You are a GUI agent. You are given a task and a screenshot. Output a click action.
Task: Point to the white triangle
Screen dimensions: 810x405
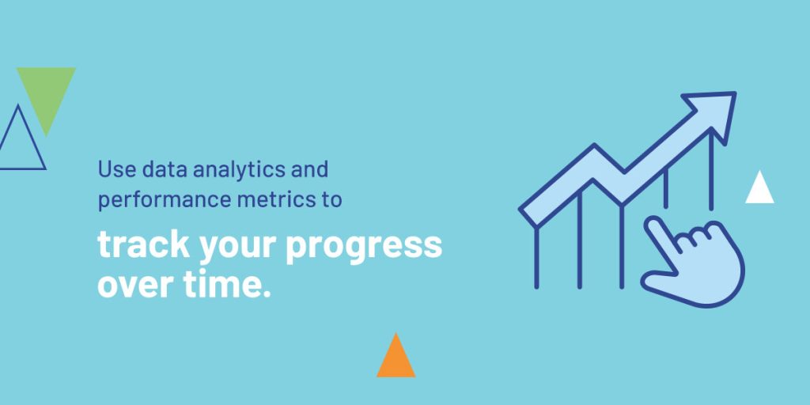tap(759, 191)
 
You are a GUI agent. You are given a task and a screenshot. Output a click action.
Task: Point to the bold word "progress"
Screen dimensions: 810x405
tap(364, 248)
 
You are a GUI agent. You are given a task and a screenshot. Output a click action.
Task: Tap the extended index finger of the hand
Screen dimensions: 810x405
tap(663, 238)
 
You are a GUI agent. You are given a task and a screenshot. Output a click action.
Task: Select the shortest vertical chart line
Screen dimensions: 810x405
tap(666, 188)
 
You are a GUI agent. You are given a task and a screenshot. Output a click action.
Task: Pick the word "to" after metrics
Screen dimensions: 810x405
tap(331, 200)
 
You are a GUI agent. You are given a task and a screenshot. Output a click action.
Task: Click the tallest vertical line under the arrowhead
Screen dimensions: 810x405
tap(711, 170)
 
